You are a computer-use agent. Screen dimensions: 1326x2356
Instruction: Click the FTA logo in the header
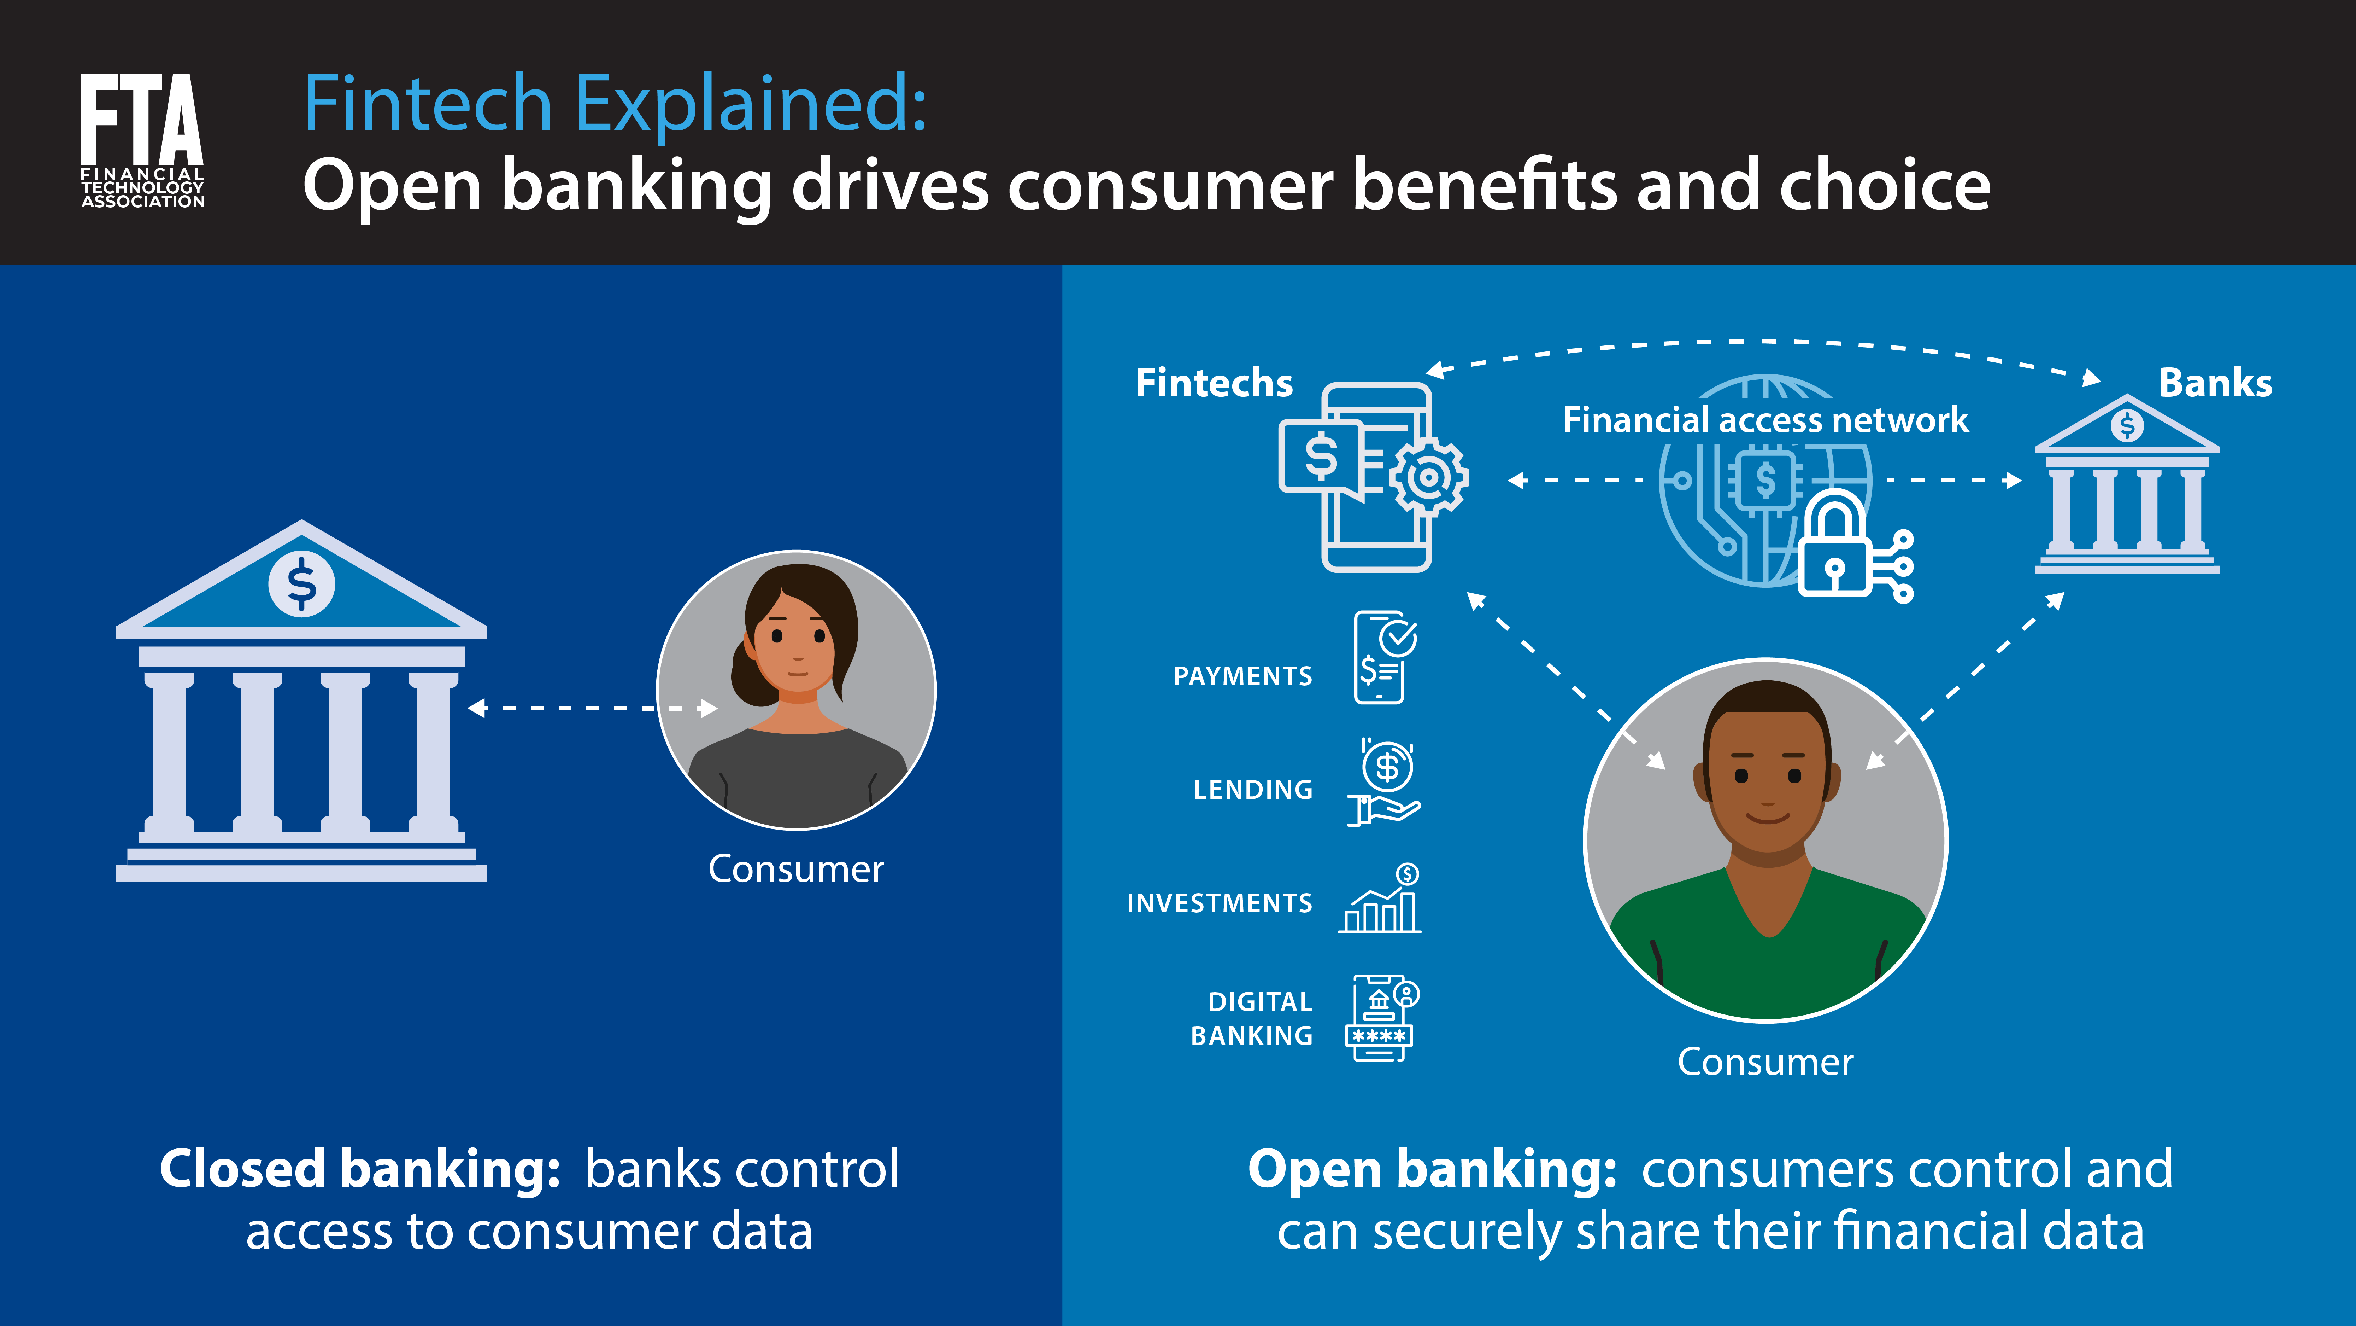142,140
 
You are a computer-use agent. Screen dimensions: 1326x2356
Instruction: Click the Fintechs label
1214,383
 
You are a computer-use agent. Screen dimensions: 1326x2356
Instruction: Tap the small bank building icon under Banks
2126,485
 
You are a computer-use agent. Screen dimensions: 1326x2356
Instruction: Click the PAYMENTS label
1242,676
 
